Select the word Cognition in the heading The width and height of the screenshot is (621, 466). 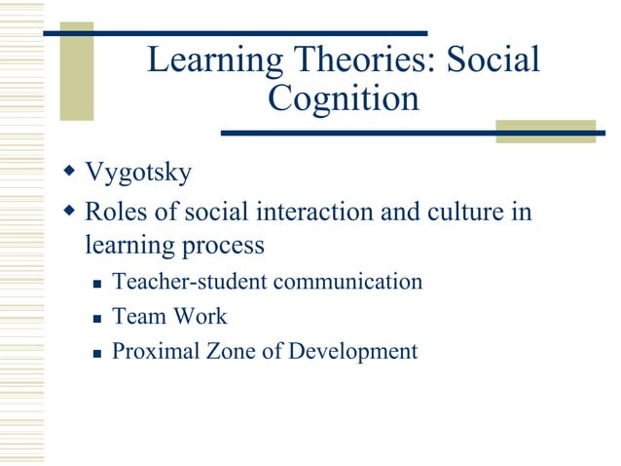pyautogui.click(x=344, y=99)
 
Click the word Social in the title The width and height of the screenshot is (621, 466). pyautogui.click(x=493, y=60)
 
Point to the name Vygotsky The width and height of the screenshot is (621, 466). pyautogui.click(x=138, y=175)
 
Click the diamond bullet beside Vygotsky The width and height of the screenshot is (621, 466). pyautogui.click(x=68, y=173)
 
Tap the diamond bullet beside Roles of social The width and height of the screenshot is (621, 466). pyautogui.click(x=68, y=210)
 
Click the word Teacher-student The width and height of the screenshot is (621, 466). pyautogui.click(x=190, y=282)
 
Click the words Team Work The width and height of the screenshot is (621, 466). pyautogui.click(x=169, y=316)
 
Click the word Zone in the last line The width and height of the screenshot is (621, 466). pyautogui.click(x=229, y=351)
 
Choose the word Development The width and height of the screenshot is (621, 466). pyautogui.click(x=353, y=351)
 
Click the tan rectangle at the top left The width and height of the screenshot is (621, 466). pyautogui.click(x=77, y=71)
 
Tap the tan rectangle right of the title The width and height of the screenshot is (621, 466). pyautogui.click(x=544, y=132)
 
